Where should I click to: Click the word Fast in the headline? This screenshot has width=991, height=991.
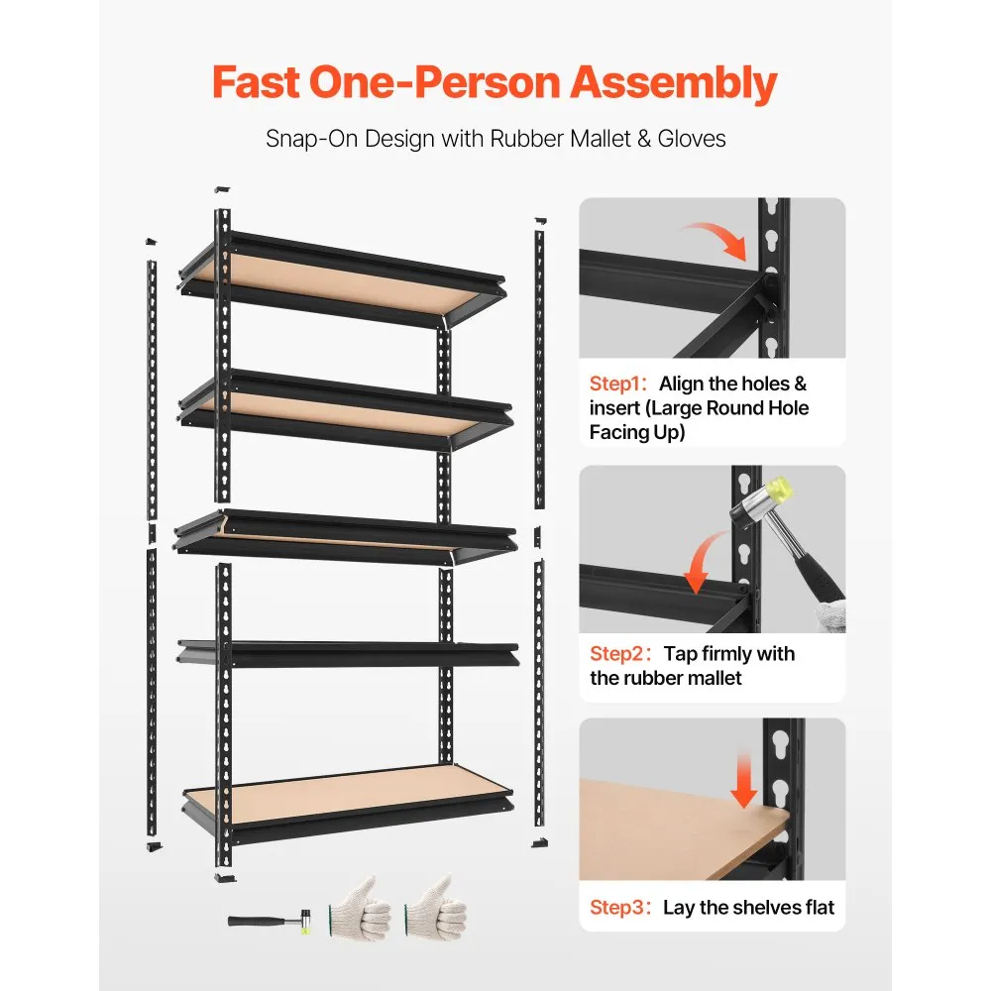coord(256,83)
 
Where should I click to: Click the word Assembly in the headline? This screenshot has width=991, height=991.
coord(674,85)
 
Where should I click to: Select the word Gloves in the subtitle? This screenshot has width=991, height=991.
coord(692,139)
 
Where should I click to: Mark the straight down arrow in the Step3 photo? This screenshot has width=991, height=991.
coord(744,781)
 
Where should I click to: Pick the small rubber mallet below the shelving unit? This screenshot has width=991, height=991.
coord(270,922)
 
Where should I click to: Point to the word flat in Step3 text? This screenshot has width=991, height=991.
coord(820,907)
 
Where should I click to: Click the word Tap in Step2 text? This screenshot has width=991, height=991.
coord(680,653)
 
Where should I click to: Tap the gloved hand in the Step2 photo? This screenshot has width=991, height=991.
coord(830,615)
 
